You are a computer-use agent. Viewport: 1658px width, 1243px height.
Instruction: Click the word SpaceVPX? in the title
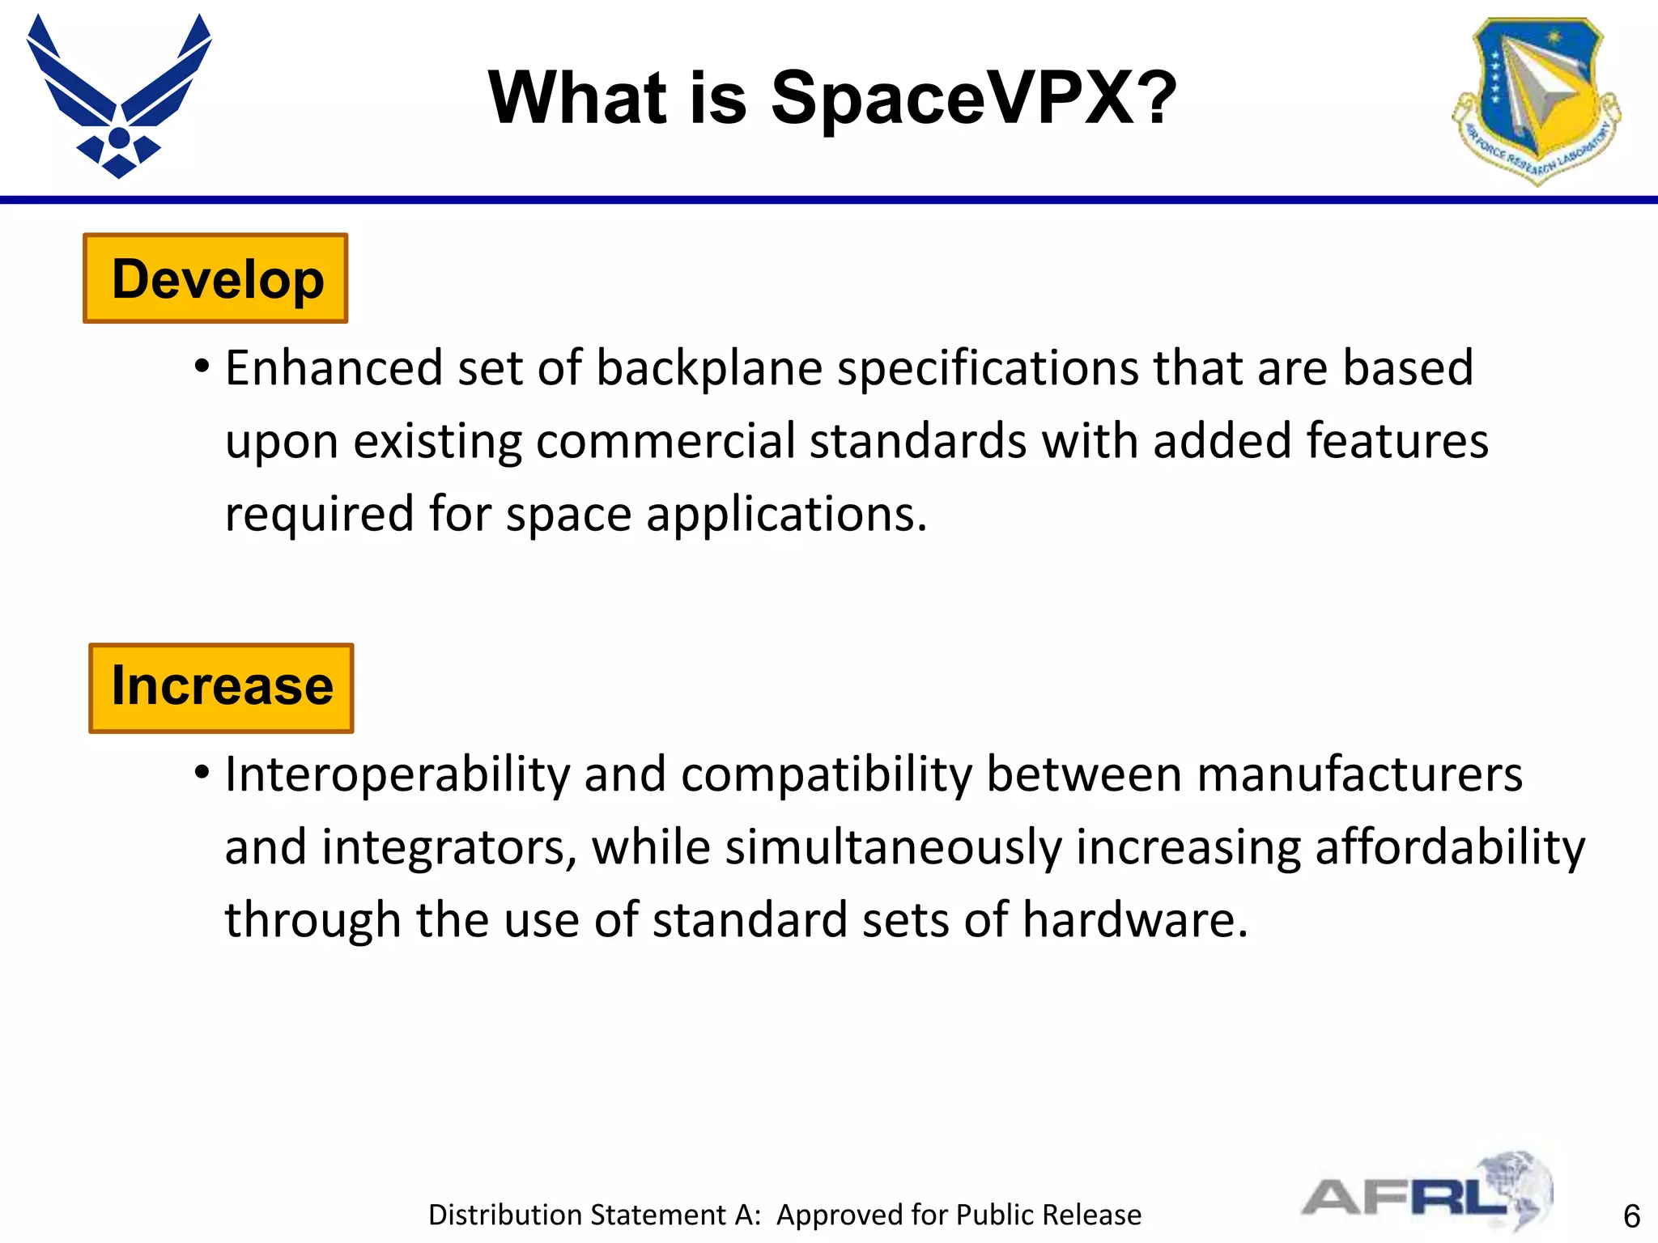[973, 98]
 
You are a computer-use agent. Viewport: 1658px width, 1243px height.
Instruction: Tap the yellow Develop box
[216, 278]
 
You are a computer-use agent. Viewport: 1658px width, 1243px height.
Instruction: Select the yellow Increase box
[221, 688]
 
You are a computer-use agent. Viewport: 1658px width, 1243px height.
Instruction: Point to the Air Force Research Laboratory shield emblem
[1536, 100]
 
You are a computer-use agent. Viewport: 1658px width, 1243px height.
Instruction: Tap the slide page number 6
[1631, 1216]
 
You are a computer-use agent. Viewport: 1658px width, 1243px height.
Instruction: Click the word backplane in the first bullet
[709, 368]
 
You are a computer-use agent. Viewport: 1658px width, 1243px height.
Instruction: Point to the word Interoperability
[397, 774]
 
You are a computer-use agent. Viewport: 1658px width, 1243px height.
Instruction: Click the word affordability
[1449, 847]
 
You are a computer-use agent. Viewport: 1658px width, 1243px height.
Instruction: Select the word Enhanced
[334, 368]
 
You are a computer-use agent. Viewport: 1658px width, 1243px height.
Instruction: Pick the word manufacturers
[1359, 774]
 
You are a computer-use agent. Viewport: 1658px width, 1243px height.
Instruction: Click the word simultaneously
[893, 847]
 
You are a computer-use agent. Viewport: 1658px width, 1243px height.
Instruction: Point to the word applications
[784, 514]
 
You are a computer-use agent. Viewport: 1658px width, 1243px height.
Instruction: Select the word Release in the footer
[1092, 1215]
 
